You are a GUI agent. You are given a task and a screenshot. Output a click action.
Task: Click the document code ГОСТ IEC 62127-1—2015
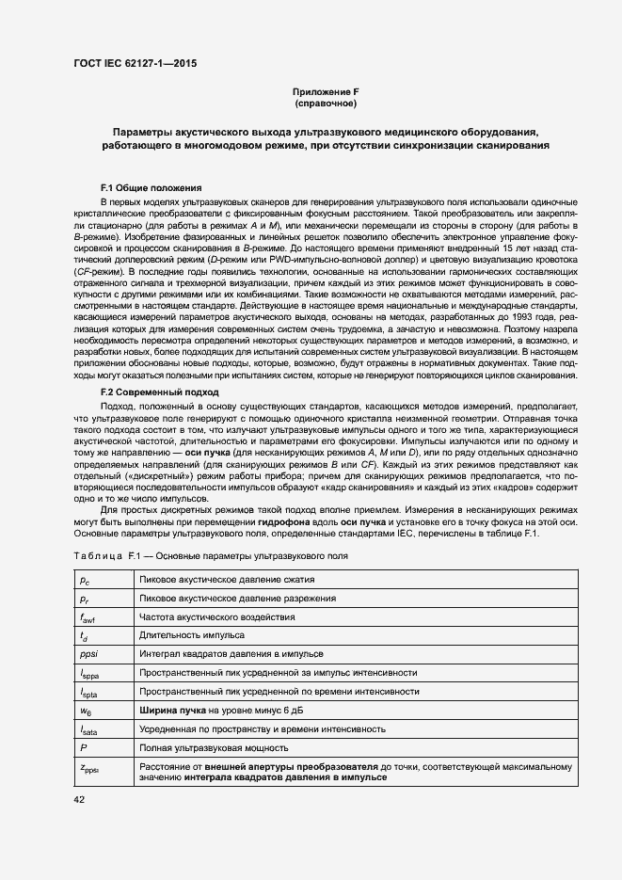tap(136, 65)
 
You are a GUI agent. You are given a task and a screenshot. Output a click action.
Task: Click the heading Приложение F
tap(326, 91)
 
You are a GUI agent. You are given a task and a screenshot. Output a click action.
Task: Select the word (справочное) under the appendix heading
tap(326, 104)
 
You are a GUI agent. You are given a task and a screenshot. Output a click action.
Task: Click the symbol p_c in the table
tap(84, 581)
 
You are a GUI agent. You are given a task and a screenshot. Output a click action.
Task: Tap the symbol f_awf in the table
tap(88, 617)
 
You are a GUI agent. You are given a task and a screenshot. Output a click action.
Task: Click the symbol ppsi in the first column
tap(88, 653)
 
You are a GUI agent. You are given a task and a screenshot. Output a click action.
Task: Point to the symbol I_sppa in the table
tap(88, 673)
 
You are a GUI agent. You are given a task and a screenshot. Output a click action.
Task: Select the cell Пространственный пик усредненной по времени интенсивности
tap(279, 691)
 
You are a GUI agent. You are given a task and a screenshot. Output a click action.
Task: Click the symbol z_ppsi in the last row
tap(89, 767)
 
